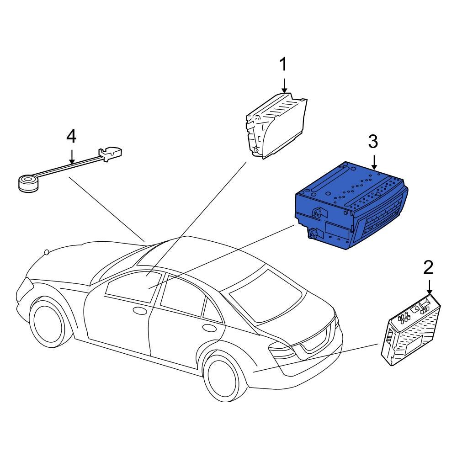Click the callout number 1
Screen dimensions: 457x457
click(284, 65)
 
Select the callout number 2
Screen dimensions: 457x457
click(428, 268)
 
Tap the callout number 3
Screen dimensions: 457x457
click(373, 142)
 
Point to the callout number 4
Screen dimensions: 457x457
click(71, 136)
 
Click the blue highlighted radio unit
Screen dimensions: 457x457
click(347, 206)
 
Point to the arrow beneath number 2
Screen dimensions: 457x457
click(429, 288)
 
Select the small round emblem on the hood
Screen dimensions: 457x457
click(46, 252)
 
